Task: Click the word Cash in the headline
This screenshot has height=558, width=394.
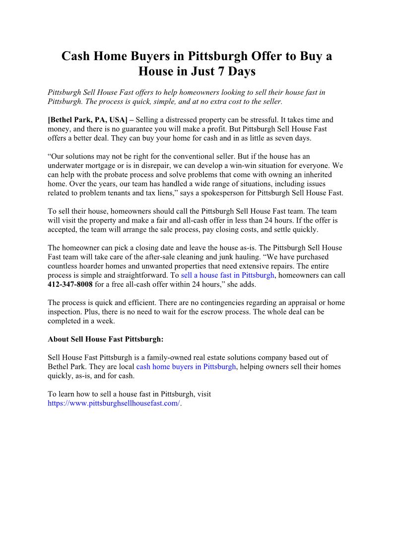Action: (x=76, y=56)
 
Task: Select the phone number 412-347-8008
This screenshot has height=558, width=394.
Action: (x=70, y=284)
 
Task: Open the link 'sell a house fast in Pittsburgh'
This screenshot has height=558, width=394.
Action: (x=227, y=275)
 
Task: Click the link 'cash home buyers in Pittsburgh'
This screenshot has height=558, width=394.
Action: (x=186, y=367)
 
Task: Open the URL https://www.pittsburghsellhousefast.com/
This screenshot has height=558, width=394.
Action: (x=114, y=403)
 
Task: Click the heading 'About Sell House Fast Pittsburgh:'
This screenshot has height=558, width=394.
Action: (x=105, y=339)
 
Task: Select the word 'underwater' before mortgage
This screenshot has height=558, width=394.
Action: (x=68, y=165)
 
